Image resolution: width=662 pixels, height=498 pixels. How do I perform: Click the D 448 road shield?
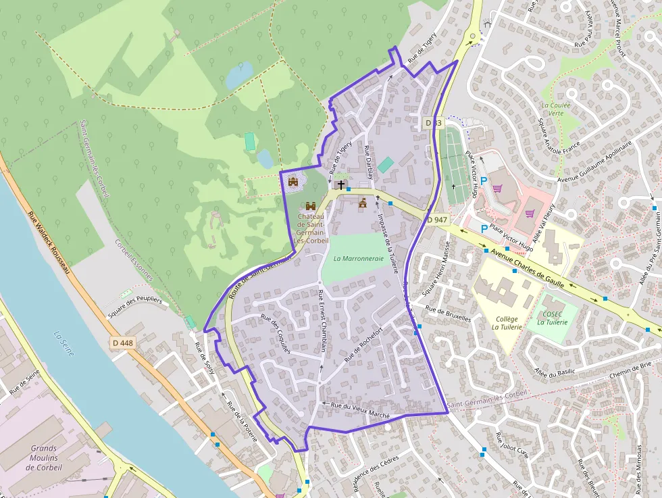123,343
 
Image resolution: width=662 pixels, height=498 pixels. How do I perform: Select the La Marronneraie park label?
358,258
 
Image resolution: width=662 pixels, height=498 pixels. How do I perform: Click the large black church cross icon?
341,184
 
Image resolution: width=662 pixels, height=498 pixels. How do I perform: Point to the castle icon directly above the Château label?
311,205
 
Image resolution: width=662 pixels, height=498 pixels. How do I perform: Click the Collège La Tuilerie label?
507,323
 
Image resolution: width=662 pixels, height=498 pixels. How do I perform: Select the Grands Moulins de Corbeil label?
44,457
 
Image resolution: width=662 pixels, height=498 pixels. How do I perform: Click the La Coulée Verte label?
556,109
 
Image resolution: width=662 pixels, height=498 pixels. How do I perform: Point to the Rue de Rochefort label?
363,344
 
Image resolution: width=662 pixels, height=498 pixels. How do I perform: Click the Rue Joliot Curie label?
512,446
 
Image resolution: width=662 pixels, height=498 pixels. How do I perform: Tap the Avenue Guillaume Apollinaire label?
595,161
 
